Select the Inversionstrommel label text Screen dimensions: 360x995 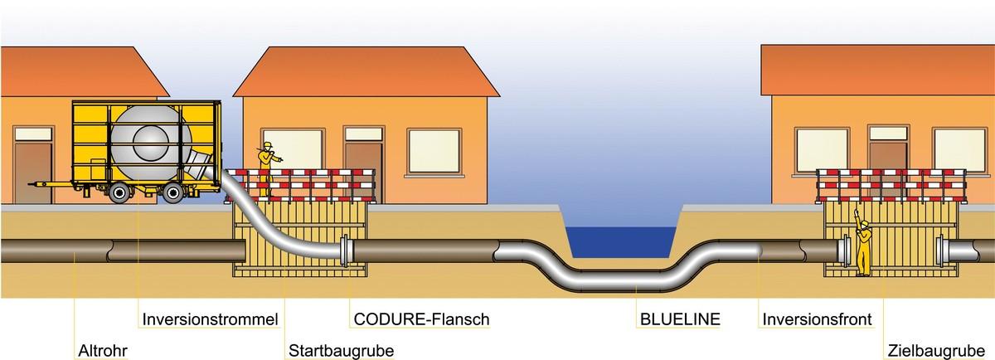210,319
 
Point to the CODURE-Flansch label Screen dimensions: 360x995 421,319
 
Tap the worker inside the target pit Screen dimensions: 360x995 863,246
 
